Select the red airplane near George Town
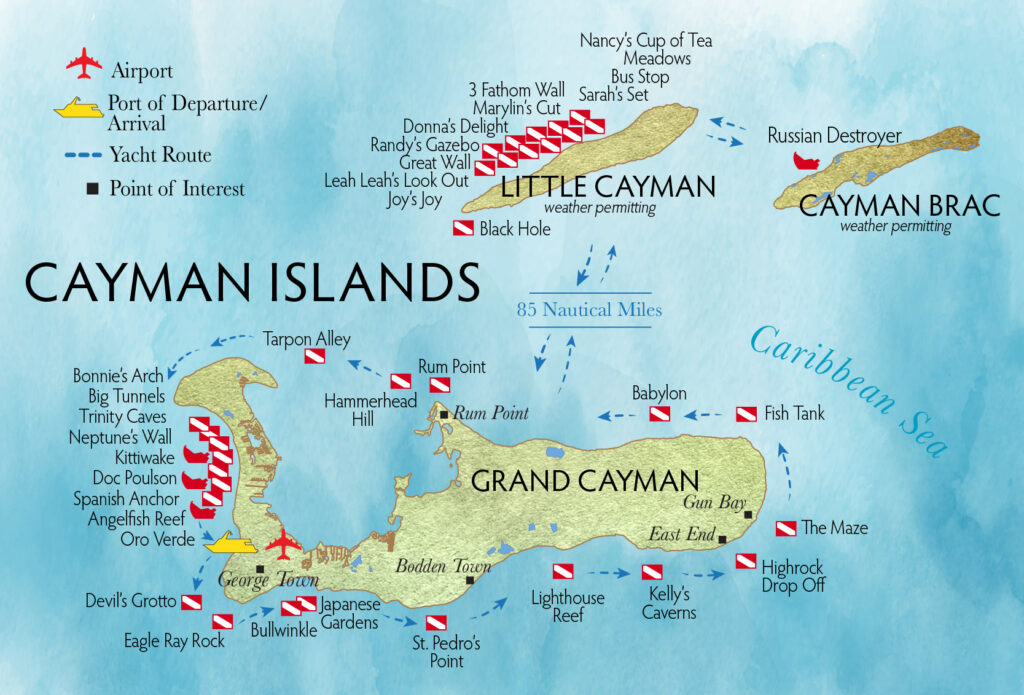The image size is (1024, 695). [284, 543]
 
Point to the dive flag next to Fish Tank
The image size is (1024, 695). [747, 413]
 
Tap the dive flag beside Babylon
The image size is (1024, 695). [660, 414]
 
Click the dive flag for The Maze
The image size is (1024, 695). [786, 528]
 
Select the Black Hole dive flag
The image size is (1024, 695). [464, 229]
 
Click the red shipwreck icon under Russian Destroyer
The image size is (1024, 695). [804, 160]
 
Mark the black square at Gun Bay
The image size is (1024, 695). [748, 515]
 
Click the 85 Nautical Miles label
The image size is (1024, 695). [589, 310]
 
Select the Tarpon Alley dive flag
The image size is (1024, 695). [314, 357]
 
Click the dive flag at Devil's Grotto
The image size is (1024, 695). [190, 602]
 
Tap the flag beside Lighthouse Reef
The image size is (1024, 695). [563, 572]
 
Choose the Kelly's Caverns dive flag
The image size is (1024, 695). [652, 573]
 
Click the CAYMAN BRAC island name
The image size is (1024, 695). [899, 206]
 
